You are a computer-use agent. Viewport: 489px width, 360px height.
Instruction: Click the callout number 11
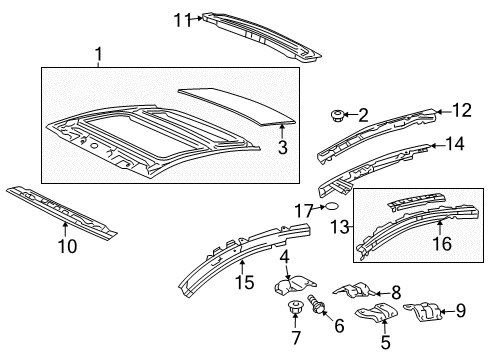coord(183,20)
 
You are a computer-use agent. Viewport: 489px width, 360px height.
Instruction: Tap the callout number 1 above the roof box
coord(98,55)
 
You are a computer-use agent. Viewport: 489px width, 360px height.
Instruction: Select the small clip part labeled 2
coord(335,115)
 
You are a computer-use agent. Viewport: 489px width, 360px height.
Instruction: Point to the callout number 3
coord(282,147)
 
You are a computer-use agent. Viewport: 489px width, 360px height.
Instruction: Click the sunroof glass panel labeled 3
coord(237,106)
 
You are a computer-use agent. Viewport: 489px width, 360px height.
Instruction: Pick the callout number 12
coord(462,110)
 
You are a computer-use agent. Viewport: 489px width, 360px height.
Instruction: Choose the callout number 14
coord(455,144)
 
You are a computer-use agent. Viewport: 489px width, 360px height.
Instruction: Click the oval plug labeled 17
coord(332,207)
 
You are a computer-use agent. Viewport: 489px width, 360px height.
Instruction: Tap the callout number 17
coord(303,211)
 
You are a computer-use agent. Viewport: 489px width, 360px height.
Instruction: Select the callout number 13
coord(339,227)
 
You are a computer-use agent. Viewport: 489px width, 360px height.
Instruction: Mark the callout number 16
coord(442,244)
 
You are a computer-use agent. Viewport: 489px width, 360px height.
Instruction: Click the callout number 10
coord(68,246)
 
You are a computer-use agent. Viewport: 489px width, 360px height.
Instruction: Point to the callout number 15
coord(245,282)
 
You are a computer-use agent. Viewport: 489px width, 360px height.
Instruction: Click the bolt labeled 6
coord(316,304)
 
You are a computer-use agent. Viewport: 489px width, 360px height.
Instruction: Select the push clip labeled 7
coord(294,307)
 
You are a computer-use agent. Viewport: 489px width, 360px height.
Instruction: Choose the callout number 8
coord(396,293)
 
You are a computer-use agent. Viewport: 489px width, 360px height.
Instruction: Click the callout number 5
coord(385,342)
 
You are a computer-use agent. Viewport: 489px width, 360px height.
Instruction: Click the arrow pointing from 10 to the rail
coord(65,230)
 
